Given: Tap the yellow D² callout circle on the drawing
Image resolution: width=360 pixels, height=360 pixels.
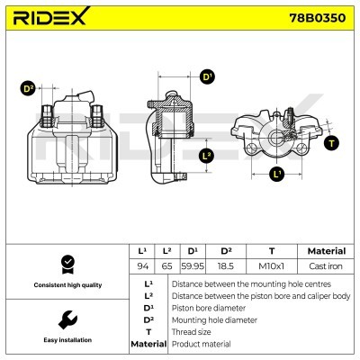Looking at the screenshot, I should click(28, 89).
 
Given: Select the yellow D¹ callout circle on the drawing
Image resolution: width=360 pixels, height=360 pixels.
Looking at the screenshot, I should click(207, 77).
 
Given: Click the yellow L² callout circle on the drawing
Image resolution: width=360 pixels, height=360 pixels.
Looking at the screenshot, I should click(207, 156).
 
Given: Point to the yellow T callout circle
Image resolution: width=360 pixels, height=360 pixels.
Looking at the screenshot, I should click(333, 143).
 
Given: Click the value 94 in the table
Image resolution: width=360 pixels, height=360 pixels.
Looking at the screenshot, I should click(141, 265).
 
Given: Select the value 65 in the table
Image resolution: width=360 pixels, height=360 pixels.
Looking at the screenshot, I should click(166, 265).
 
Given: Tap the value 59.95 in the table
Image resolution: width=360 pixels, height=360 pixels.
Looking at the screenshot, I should click(193, 265).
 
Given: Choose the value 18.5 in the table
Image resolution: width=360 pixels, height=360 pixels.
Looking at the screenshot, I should click(226, 265).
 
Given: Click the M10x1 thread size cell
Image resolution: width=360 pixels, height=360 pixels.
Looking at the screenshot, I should click(272, 265).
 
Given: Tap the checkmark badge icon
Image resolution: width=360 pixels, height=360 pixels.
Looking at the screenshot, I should click(66, 264).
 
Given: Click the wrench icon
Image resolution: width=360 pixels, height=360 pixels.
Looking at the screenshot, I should click(66, 319).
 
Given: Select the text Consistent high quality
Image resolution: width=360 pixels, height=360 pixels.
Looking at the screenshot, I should click(66, 284).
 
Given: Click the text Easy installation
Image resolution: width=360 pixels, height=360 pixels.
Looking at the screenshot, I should click(66, 340).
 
